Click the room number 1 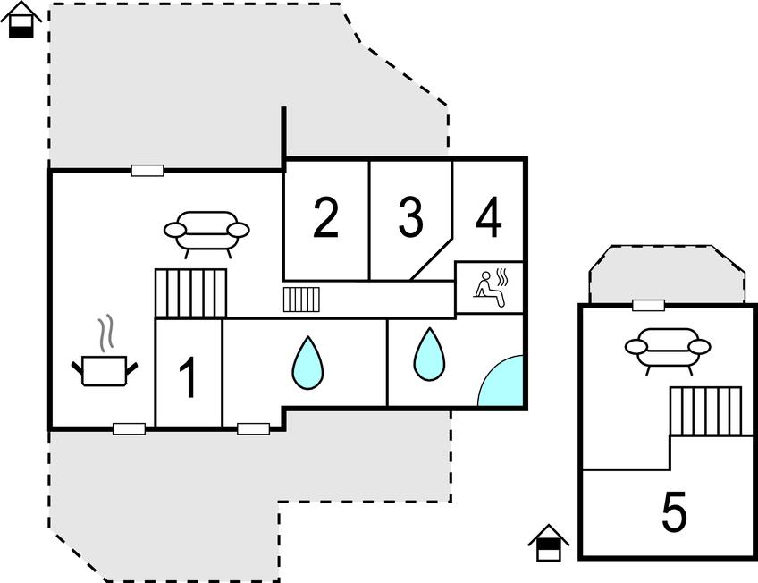coord(188,378)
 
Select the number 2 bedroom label coord(326,219)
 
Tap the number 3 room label coord(410,219)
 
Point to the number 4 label coord(488,219)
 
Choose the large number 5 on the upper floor coord(675,513)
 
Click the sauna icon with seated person coord(490,288)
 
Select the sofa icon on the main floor coord(206,232)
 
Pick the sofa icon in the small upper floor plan coord(667,348)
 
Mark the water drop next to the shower coord(429,353)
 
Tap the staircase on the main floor coord(192,292)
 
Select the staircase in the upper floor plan coord(705,410)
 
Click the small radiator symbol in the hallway coord(301,299)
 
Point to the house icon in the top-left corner coord(21,20)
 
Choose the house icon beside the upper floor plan coord(548,542)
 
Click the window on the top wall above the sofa coord(147,170)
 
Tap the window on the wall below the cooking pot coord(129,429)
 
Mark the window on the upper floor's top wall coord(648,306)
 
